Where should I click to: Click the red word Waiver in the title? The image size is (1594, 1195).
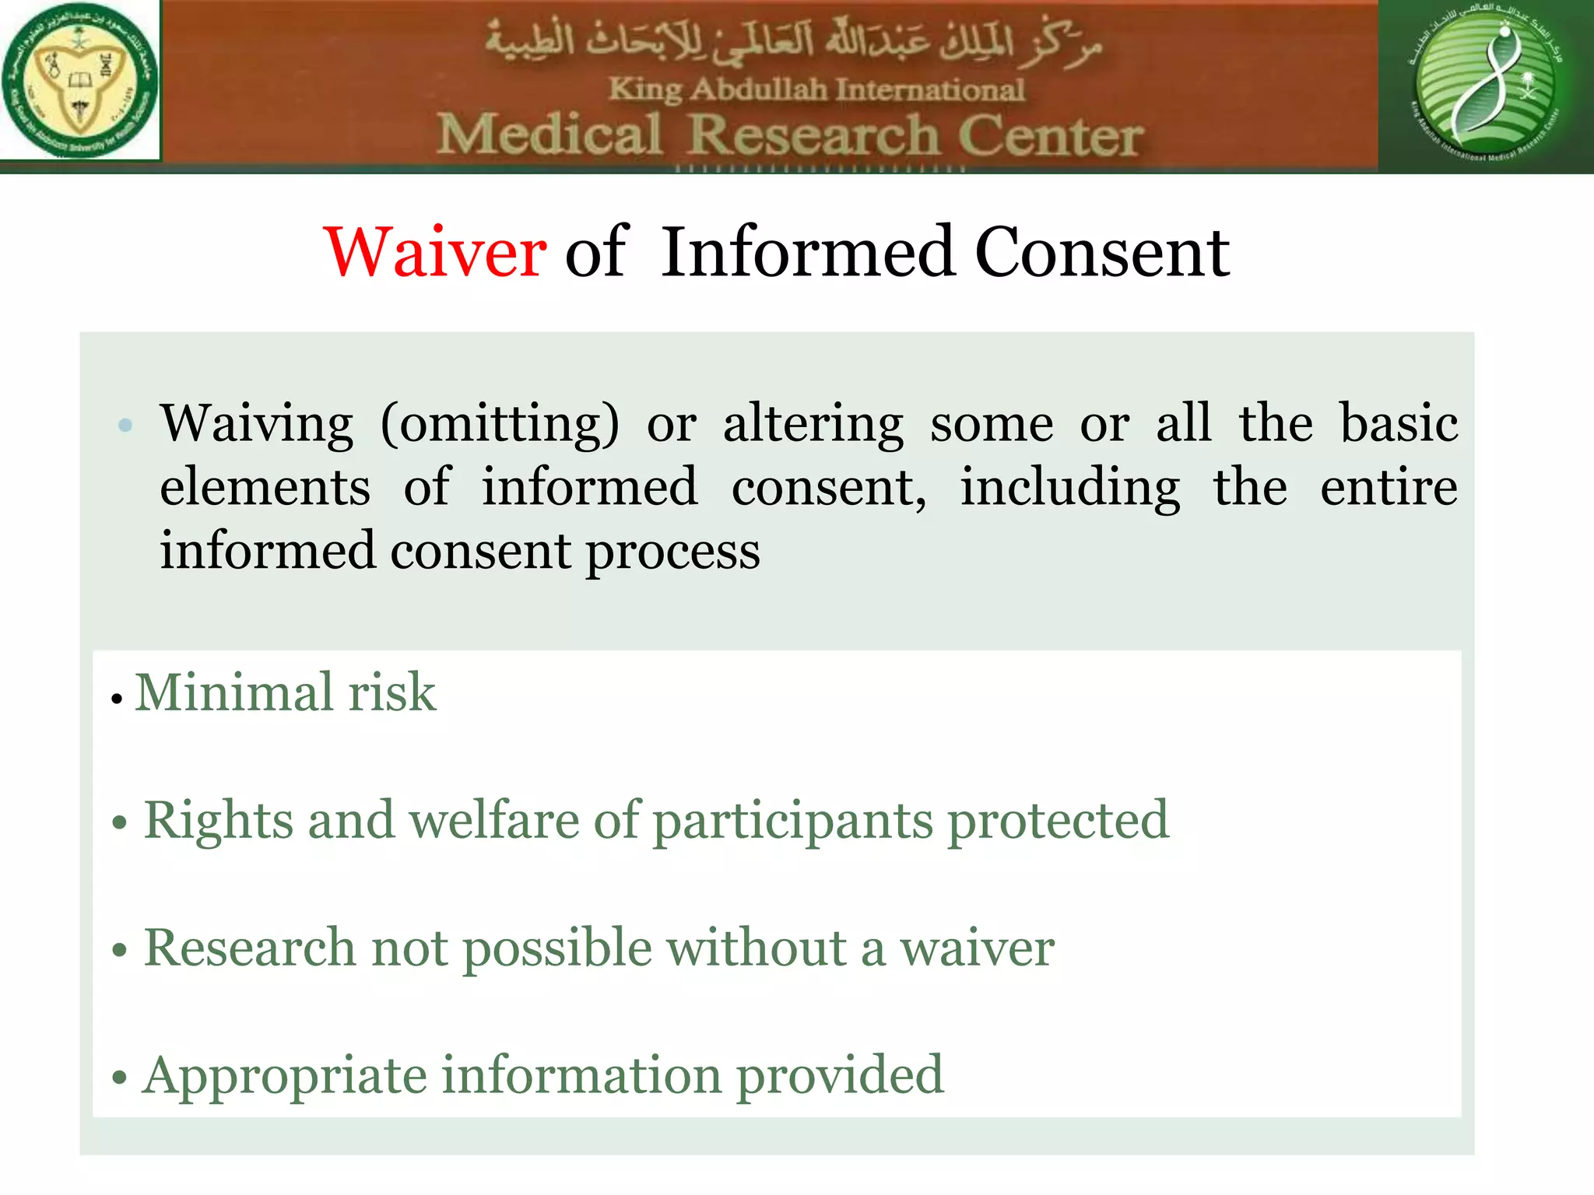click(435, 252)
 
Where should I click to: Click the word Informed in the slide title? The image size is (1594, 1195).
click(808, 252)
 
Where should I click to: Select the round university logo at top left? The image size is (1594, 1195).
click(79, 81)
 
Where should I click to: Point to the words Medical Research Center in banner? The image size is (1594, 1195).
click(789, 135)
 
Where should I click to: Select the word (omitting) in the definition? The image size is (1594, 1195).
click(500, 425)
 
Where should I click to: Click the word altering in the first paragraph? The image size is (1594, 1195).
click(813, 425)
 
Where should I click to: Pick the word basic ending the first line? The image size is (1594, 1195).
click(1398, 423)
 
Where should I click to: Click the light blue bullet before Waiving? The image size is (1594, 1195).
click(125, 426)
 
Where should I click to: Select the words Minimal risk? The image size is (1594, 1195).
click(285, 692)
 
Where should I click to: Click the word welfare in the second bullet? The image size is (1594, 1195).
click(493, 820)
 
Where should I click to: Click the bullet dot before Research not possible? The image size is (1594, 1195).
click(119, 951)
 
